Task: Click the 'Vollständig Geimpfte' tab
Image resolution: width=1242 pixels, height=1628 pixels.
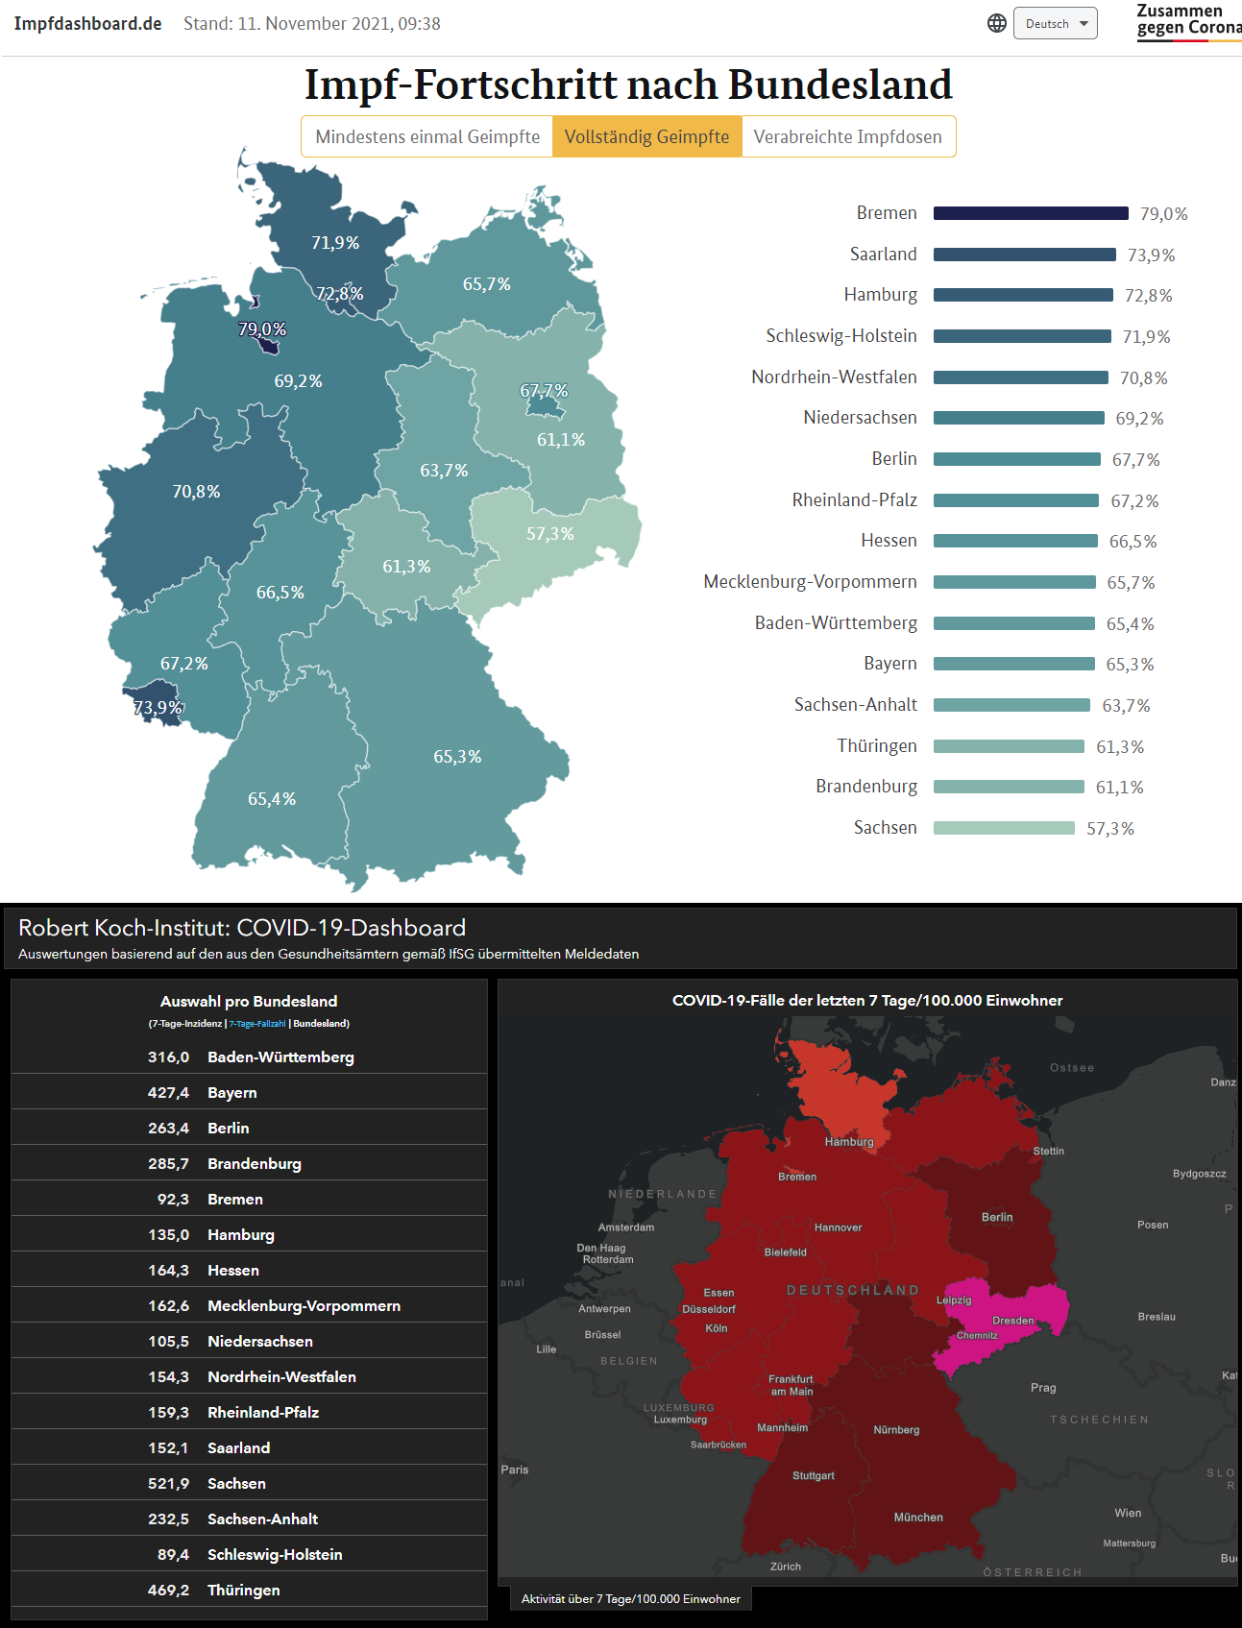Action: (x=646, y=136)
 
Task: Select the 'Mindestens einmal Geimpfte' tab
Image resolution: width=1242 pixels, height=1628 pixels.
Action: (x=427, y=136)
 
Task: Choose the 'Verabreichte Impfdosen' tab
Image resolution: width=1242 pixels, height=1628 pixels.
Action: (x=847, y=136)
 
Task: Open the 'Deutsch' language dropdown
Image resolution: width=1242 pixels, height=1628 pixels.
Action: (x=1055, y=24)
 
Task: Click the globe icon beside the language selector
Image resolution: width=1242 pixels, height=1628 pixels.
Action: (x=997, y=23)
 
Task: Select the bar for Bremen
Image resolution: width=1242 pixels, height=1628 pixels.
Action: (x=1031, y=213)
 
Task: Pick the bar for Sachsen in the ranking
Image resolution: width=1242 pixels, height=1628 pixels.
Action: (x=1004, y=828)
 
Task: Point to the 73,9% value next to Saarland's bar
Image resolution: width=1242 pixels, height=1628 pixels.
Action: (x=1151, y=255)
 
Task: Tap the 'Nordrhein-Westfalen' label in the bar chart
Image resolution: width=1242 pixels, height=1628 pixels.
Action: (x=834, y=377)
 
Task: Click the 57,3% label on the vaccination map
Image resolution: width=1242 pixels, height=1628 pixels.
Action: (x=549, y=534)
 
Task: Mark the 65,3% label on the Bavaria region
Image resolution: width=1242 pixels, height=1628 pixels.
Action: (x=457, y=757)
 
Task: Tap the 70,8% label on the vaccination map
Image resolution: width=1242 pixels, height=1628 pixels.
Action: (x=196, y=492)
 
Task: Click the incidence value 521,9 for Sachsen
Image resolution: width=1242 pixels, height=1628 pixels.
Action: (x=168, y=1483)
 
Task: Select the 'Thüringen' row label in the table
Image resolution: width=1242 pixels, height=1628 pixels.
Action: (x=244, y=1590)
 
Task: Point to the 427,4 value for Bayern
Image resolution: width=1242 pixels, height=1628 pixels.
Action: (x=168, y=1092)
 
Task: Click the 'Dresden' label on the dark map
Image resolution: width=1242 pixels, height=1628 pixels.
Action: (x=1012, y=1320)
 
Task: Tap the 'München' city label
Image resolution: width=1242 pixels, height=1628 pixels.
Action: (x=918, y=1517)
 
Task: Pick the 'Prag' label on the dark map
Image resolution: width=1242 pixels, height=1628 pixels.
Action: (x=1043, y=1387)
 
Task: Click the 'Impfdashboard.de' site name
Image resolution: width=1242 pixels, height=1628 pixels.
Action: (x=87, y=24)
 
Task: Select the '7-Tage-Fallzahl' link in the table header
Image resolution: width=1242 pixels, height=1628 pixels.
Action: (x=256, y=1024)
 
